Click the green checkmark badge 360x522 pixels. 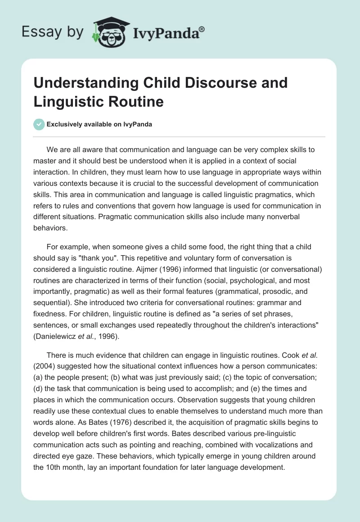(39, 124)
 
